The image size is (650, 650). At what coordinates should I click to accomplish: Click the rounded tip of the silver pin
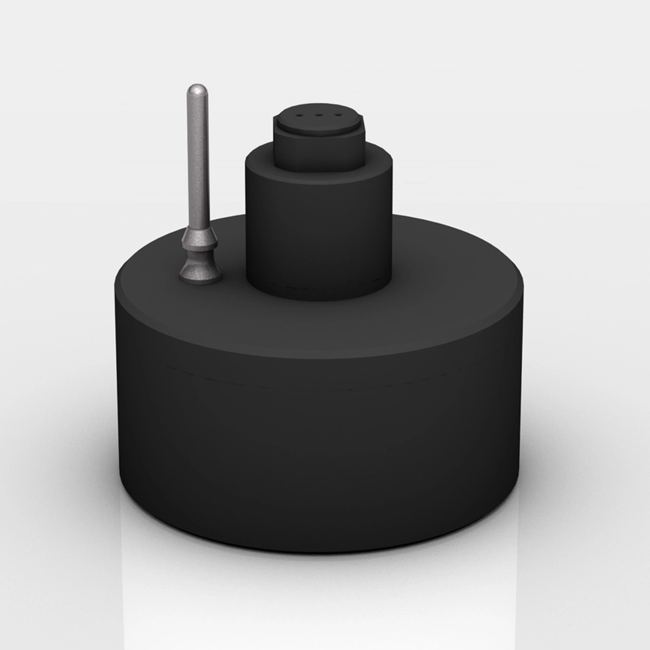click(x=197, y=90)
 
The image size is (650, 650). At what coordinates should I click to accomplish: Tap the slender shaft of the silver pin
click(x=198, y=162)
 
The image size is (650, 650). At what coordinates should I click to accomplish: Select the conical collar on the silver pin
click(x=199, y=238)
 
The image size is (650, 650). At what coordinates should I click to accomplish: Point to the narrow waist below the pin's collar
click(x=199, y=256)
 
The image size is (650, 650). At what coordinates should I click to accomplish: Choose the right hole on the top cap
click(x=338, y=113)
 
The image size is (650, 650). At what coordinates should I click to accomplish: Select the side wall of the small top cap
click(x=319, y=153)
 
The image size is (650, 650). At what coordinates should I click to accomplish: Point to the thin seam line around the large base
click(x=319, y=385)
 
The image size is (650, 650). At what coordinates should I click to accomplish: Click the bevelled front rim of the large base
click(x=319, y=349)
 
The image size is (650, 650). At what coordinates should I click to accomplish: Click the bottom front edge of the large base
click(x=319, y=550)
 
